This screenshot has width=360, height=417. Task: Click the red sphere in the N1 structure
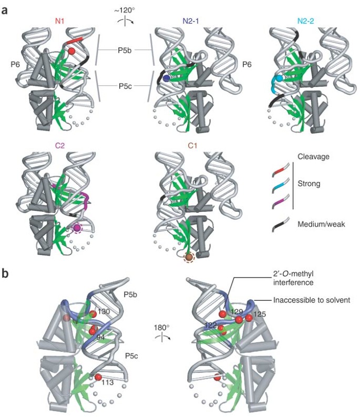click(x=71, y=51)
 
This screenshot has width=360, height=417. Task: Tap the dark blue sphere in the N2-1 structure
click(x=166, y=78)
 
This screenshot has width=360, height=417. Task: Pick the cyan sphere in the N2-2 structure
click(x=280, y=78)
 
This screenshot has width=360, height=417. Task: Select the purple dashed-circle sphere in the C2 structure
click(x=78, y=228)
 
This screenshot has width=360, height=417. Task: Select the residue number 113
click(x=109, y=382)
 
